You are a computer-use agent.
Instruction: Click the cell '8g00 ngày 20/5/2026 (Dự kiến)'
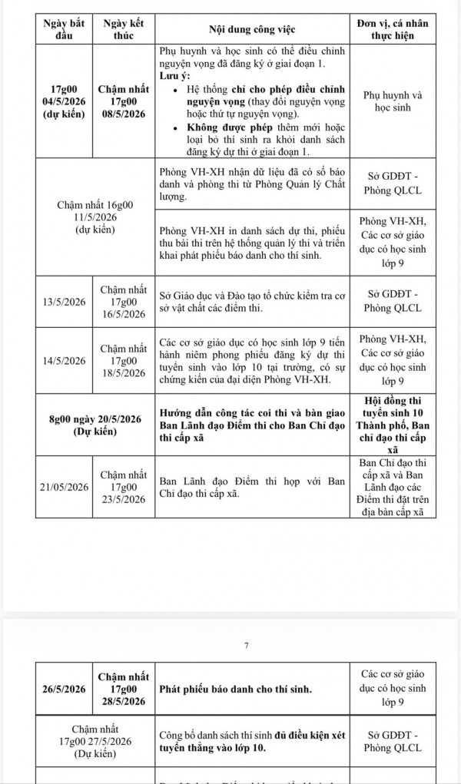[x=92, y=425]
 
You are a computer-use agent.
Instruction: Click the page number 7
[x=246, y=645]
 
